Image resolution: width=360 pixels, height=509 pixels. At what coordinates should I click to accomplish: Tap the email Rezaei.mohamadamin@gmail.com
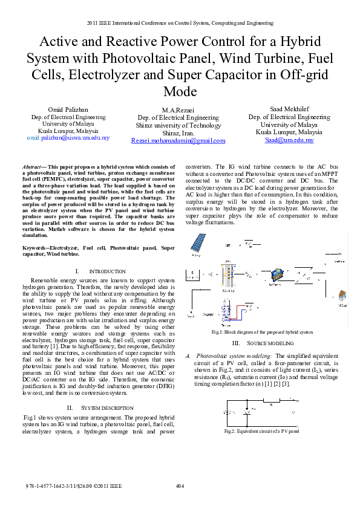[178, 140]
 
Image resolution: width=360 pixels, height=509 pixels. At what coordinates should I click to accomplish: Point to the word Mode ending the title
[180, 91]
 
